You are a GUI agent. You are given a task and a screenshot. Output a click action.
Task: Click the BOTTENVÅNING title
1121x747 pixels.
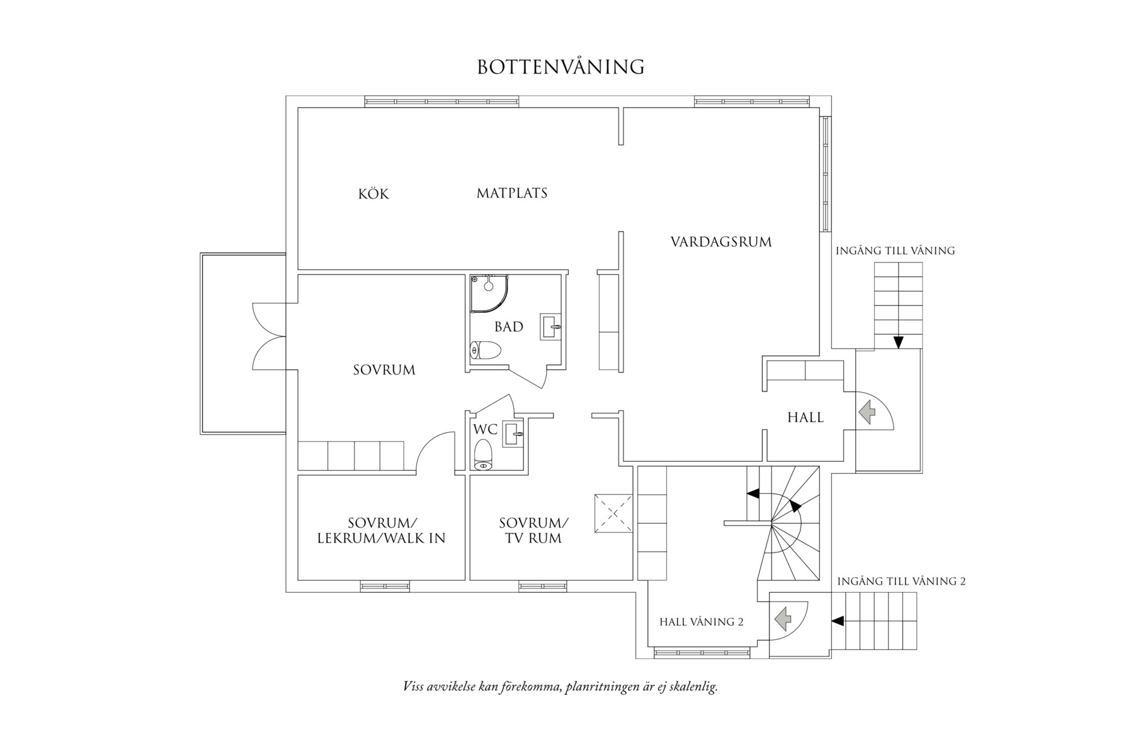click(560, 67)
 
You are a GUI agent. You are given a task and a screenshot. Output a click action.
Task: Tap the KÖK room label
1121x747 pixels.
click(373, 194)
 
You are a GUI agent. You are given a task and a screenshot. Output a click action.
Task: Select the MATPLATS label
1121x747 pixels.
click(511, 193)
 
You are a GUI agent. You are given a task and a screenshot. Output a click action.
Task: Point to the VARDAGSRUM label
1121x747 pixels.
click(720, 242)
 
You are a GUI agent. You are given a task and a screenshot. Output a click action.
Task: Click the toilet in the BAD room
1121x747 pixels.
click(486, 350)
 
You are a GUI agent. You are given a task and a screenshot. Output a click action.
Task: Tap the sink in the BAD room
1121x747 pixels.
click(550, 327)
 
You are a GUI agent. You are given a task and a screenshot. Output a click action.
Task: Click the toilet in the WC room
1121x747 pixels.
click(483, 454)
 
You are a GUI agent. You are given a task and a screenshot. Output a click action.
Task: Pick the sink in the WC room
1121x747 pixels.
click(513, 434)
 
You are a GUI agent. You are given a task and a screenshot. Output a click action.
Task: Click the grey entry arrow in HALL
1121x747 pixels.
click(867, 412)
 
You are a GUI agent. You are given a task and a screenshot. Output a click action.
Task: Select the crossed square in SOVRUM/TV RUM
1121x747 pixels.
click(613, 514)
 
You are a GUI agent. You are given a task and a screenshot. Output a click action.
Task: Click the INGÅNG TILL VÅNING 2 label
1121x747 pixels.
click(901, 581)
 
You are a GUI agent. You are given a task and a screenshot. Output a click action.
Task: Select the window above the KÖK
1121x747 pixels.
click(441, 101)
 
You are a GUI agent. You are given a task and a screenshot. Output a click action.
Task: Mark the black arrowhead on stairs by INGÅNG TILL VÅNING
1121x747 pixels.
click(899, 342)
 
